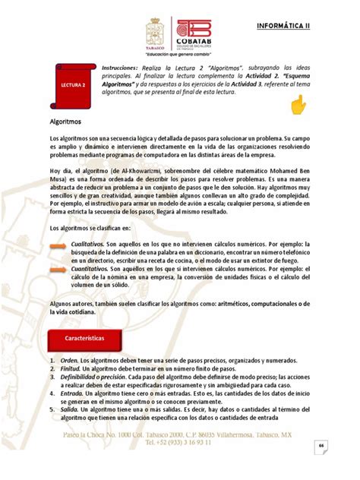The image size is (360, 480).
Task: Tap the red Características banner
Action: (x=83, y=336)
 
